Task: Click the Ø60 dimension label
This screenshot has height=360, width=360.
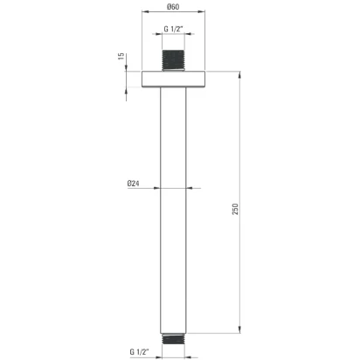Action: tap(173, 7)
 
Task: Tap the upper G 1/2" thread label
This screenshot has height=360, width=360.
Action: tap(173, 29)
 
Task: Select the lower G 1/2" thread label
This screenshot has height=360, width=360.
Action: tap(139, 351)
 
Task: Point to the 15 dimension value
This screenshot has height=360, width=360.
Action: tap(121, 56)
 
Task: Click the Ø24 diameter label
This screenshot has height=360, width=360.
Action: tap(133, 183)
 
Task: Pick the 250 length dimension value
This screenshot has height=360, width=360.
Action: tap(235, 209)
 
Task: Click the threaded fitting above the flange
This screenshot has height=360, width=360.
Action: tap(173, 60)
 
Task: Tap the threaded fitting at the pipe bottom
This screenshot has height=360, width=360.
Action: tap(173, 339)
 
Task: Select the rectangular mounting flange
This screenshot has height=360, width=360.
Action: tap(174, 79)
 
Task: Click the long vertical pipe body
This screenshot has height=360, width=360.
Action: tap(173, 211)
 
